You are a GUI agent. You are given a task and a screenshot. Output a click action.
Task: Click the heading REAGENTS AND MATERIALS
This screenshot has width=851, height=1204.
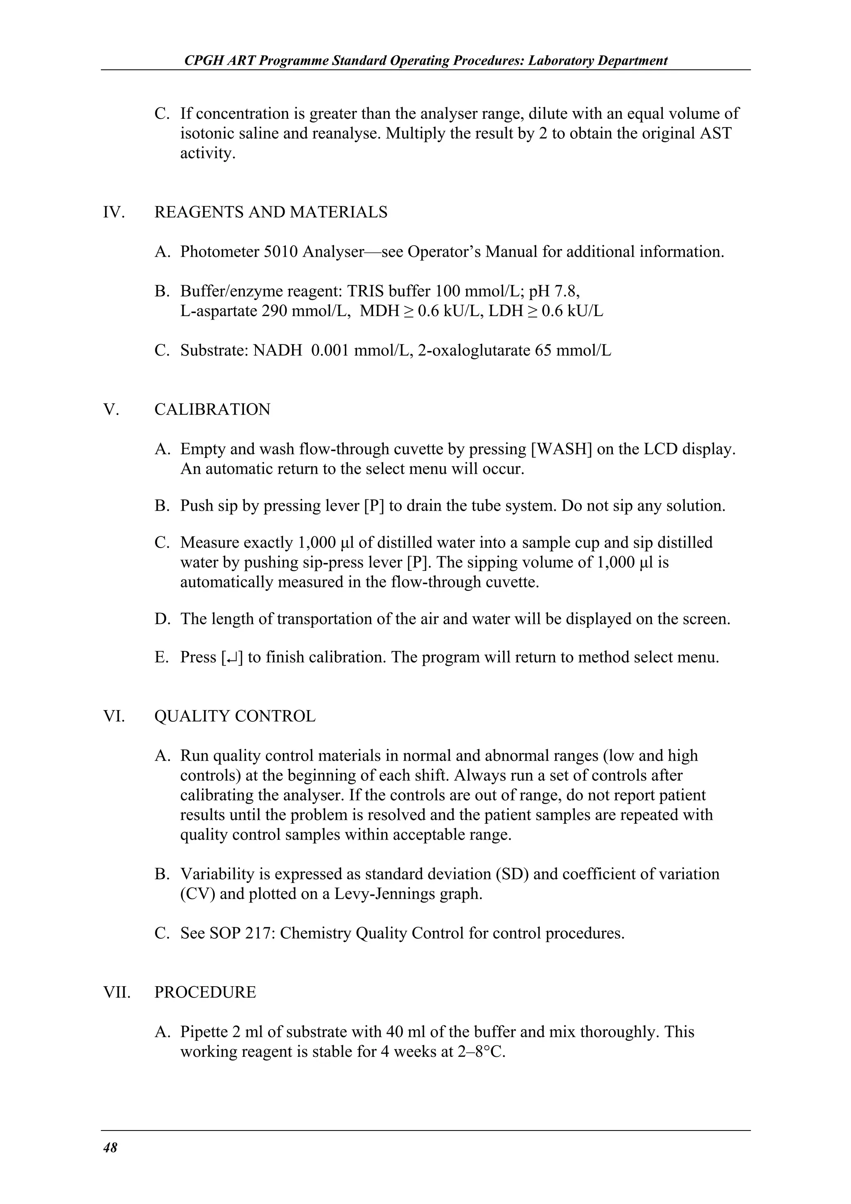tap(271, 212)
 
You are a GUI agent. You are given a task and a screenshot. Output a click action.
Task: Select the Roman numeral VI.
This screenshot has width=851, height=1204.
tap(114, 716)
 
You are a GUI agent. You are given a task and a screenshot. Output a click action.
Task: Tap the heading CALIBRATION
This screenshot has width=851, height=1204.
tap(212, 410)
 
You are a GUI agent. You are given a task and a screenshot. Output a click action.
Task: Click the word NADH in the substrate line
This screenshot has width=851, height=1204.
tap(278, 350)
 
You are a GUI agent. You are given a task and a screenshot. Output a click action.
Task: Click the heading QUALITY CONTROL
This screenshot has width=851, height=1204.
tap(235, 716)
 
